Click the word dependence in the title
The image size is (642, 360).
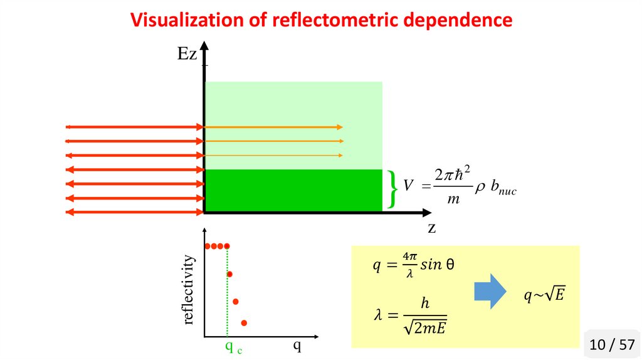coord(457,20)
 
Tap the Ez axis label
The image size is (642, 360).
coord(187,55)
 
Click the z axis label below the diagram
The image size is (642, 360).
coord(431,228)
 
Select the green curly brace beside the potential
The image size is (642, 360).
coord(392,188)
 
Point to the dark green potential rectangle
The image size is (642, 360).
coord(293,190)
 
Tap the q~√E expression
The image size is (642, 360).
coord(544,294)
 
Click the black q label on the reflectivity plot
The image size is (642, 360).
coord(297,345)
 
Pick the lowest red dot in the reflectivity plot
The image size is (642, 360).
coord(244,323)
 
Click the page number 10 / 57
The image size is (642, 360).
coord(612,344)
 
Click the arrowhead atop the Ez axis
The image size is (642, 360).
coord(204,47)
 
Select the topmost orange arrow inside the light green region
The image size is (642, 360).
coord(274,127)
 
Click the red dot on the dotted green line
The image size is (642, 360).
coord(229,274)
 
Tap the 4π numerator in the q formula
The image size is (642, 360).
coord(410,257)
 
